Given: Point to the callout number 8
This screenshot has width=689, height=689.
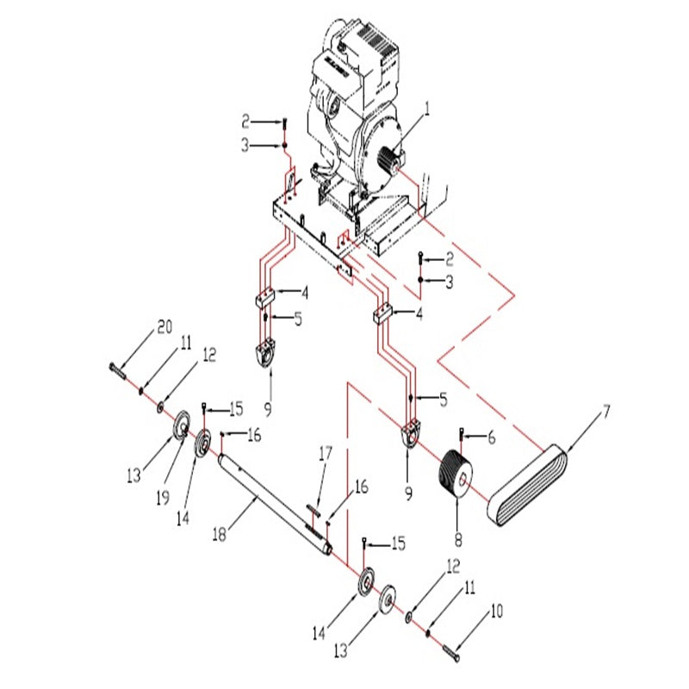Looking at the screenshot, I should [x=457, y=540].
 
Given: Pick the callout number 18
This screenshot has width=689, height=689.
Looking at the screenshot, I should [x=220, y=535].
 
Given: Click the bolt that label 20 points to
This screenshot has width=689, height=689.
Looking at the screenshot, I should [x=117, y=370].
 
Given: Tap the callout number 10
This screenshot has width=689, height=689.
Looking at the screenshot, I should [x=497, y=612].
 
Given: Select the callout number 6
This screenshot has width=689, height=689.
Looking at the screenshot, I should [x=492, y=438].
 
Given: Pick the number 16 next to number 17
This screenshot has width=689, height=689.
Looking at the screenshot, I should [x=359, y=487].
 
